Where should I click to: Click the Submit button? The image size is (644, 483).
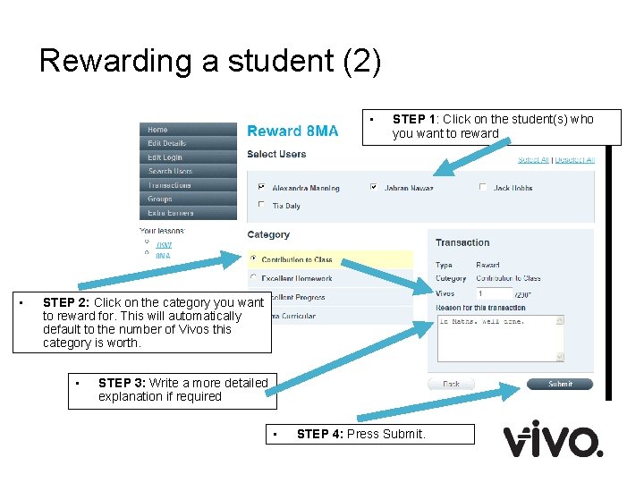[x=560, y=384]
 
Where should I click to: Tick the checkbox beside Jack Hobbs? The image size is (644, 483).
[x=483, y=188]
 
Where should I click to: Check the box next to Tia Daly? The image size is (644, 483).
[x=261, y=205]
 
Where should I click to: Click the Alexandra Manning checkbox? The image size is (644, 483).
[x=261, y=188]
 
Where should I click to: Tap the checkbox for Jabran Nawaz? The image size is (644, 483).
[x=373, y=188]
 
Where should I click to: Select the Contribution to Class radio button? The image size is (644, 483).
[x=253, y=259]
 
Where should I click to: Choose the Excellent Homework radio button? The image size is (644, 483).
[x=253, y=278]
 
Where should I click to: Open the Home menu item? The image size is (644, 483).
[x=158, y=130]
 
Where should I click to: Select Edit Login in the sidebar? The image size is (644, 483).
[x=165, y=157]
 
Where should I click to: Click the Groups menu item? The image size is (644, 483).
[x=160, y=199]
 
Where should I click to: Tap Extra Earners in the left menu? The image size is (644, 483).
[x=170, y=213]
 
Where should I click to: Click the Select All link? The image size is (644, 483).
[x=533, y=160]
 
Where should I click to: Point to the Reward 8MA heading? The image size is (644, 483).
[x=292, y=131]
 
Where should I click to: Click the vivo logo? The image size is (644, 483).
[x=552, y=439]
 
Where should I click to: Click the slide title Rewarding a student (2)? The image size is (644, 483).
[x=210, y=61]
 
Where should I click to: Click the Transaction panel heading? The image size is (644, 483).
[x=462, y=242]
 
